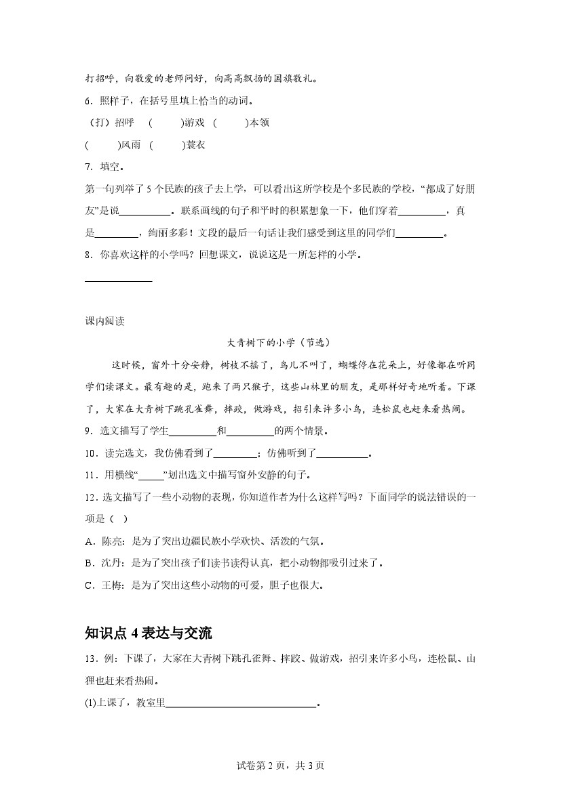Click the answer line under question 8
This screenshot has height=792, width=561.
[x=119, y=280]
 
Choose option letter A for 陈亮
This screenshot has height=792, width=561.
[x=89, y=541]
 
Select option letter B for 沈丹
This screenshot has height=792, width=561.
[x=89, y=563]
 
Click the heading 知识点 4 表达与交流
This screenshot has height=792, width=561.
[x=149, y=633]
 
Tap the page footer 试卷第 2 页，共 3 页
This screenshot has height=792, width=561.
[x=280, y=766]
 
